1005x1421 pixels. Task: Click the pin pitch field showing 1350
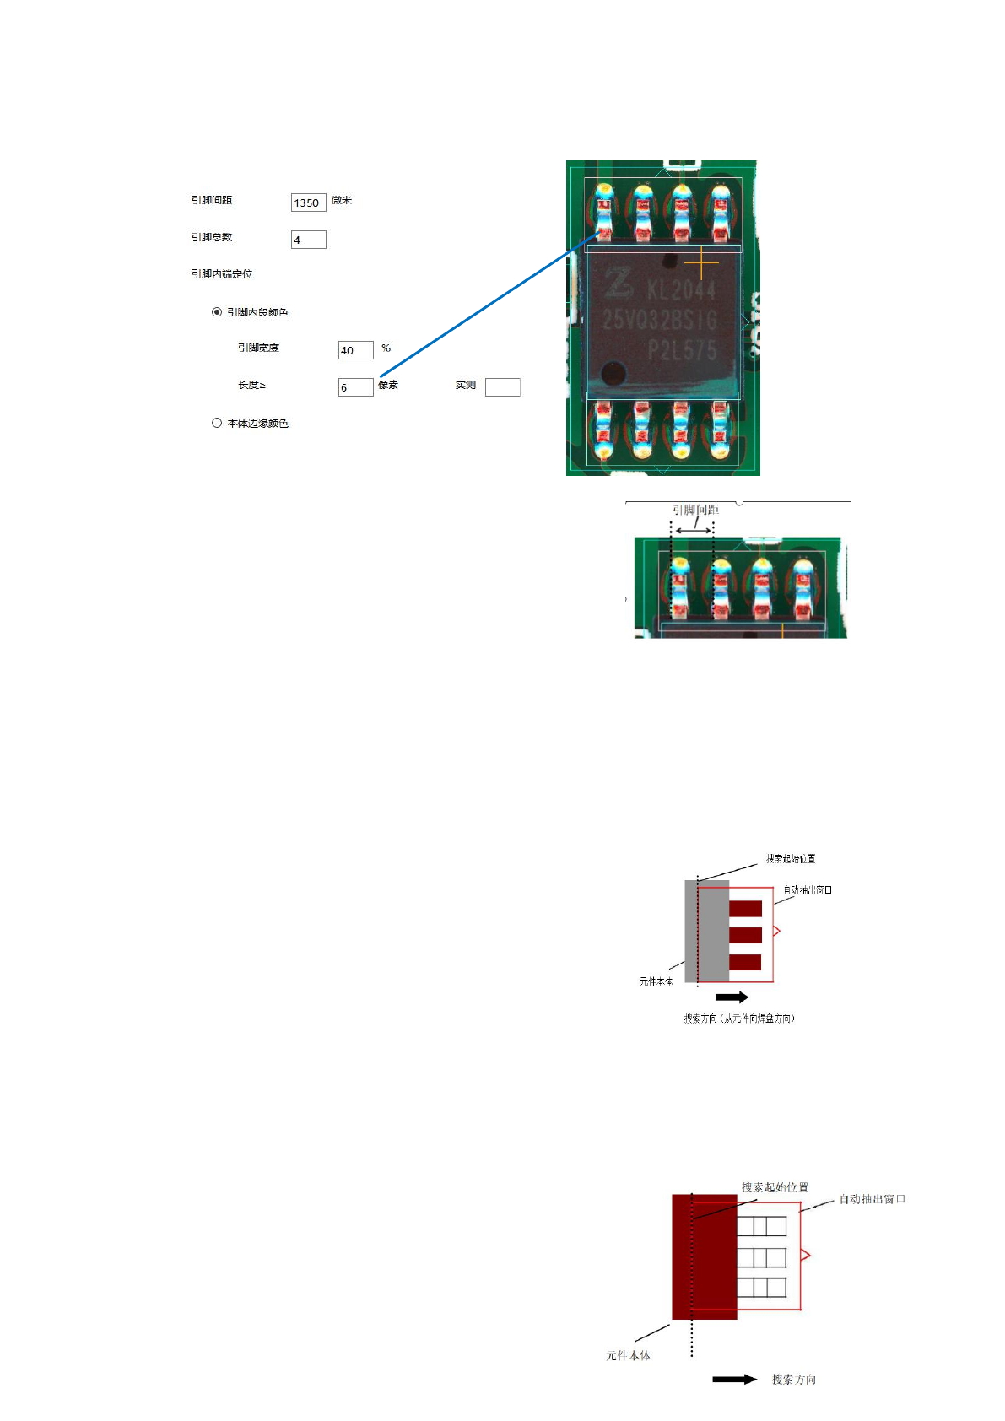[x=308, y=203]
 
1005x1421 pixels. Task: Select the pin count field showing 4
[x=308, y=240]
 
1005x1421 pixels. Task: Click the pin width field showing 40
[x=355, y=350]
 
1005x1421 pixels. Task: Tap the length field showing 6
[x=355, y=387]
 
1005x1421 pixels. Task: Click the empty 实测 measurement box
[x=502, y=387]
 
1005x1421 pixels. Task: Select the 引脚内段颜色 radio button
[x=217, y=312]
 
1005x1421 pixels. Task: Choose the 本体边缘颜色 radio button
[x=217, y=423]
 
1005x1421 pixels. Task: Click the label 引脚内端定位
[x=222, y=274]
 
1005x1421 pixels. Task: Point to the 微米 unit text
[x=342, y=201]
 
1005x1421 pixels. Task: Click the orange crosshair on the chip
[x=701, y=263]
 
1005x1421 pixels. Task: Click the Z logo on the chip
[x=619, y=283]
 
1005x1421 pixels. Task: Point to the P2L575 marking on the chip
[x=682, y=349]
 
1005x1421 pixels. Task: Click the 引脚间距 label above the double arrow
[x=695, y=510]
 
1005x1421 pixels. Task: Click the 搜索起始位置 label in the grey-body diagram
[x=791, y=859]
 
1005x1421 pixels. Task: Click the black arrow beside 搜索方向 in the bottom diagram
[x=734, y=1379]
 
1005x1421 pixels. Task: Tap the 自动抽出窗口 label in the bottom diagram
[x=872, y=1199]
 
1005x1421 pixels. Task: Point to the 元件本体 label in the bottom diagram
[x=628, y=1355]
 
